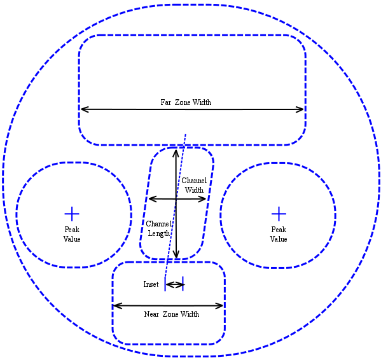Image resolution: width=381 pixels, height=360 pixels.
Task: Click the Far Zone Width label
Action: point(186,102)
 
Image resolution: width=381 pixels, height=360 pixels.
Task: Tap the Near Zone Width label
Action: point(172,314)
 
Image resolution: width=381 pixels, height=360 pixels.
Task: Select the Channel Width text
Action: point(194,185)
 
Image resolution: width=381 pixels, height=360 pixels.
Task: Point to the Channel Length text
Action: point(159,228)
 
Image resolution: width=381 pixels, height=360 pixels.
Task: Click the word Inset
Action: point(151,284)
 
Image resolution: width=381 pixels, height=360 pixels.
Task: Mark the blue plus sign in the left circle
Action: point(72,214)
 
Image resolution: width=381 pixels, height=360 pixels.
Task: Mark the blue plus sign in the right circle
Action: point(279,214)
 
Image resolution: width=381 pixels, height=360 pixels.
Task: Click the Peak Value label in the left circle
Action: point(72,234)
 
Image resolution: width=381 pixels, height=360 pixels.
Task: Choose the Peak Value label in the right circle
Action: point(279,234)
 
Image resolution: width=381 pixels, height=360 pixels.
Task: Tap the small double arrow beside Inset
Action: point(174,285)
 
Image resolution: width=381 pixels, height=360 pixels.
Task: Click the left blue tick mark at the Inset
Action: point(165,284)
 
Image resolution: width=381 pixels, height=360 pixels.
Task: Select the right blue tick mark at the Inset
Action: point(183,284)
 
